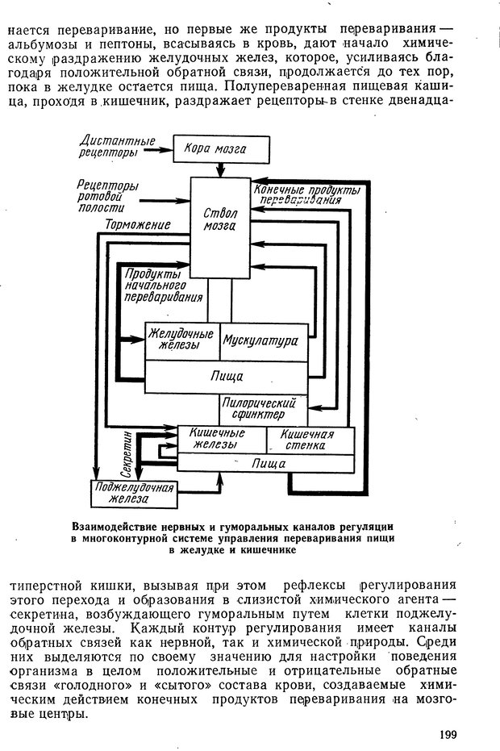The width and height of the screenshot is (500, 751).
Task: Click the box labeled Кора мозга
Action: (x=214, y=149)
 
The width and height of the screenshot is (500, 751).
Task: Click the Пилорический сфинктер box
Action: (x=260, y=409)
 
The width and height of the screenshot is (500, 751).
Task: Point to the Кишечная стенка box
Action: (x=309, y=440)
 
